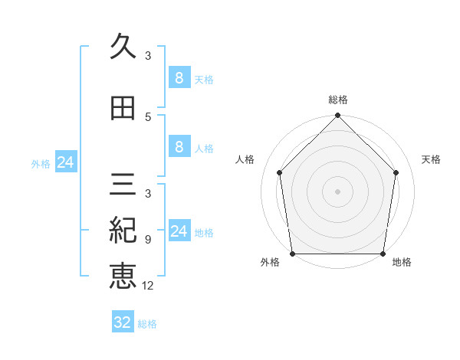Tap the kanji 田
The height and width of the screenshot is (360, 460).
(123, 108)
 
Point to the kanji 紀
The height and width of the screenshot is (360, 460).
(123, 230)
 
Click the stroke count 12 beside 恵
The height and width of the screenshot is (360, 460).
(149, 286)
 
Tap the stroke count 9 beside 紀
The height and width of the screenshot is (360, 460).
(148, 239)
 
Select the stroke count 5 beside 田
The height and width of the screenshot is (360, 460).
(148, 117)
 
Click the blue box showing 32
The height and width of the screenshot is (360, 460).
(123, 322)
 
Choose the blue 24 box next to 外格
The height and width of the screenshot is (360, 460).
(66, 162)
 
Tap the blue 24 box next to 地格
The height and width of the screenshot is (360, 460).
(179, 231)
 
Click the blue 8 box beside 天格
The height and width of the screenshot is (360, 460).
(179, 78)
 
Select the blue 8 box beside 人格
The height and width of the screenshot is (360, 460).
(179, 147)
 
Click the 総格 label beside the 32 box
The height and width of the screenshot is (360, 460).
(147, 324)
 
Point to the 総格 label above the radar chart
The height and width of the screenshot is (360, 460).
(338, 100)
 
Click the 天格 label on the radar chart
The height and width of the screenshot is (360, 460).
(432, 159)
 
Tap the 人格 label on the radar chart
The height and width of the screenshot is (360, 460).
(245, 159)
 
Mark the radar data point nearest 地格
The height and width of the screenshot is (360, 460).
(383, 254)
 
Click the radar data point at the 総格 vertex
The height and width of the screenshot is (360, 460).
(338, 116)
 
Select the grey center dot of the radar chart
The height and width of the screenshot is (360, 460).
(338, 191)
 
